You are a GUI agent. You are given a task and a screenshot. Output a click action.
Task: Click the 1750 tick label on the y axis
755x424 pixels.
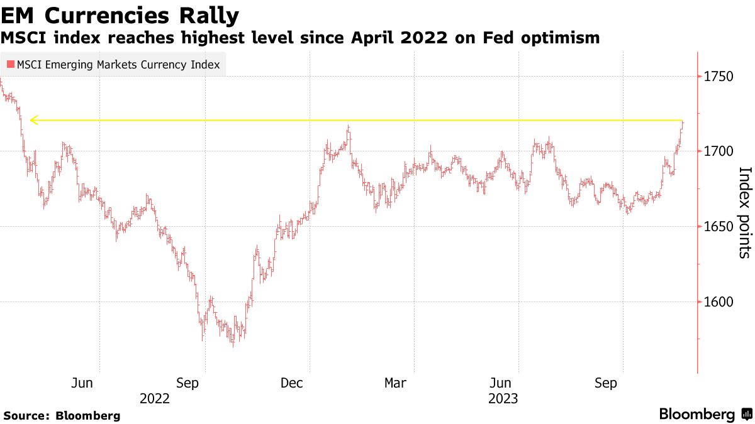pyautogui.click(x=719, y=77)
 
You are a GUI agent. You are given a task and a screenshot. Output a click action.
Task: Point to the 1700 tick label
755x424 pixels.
pyautogui.click(x=719, y=151)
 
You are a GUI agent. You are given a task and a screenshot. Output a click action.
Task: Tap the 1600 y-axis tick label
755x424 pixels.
pyautogui.click(x=719, y=302)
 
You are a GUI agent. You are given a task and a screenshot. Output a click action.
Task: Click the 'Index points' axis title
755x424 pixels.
pyautogui.click(x=744, y=212)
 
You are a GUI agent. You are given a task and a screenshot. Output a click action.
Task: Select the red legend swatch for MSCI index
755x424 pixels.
pyautogui.click(x=10, y=64)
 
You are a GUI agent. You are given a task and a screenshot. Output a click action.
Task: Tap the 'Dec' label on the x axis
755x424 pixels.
pyautogui.click(x=293, y=383)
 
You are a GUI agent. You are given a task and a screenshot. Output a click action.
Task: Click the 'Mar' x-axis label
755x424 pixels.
pyautogui.click(x=395, y=383)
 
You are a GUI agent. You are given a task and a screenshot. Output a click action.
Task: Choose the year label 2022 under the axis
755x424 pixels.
pyautogui.click(x=155, y=398)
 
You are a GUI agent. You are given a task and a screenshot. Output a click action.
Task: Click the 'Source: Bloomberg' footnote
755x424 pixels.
pyautogui.click(x=62, y=415)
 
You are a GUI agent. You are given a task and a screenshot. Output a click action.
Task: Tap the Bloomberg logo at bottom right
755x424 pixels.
pyautogui.click(x=705, y=415)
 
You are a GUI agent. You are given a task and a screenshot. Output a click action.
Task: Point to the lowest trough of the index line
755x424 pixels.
pyautogui.click(x=233, y=345)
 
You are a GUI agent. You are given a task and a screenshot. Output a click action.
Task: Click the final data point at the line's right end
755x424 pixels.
pyautogui.click(x=683, y=123)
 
